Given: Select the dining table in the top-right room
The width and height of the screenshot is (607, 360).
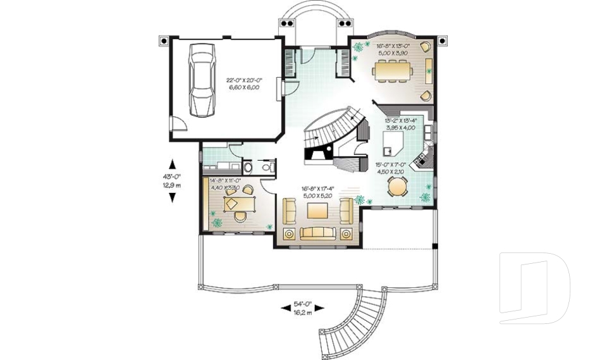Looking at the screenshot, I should click(x=393, y=72).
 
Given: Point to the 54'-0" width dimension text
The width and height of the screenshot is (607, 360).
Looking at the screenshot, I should click(x=302, y=305).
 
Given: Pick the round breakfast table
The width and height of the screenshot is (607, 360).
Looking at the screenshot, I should click(x=398, y=187).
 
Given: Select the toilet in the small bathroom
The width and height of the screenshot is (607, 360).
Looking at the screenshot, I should click(x=249, y=168).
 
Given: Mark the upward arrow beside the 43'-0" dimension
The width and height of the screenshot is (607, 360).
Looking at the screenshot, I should click(x=172, y=161).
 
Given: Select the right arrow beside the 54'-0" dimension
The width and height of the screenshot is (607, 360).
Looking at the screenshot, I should click(x=319, y=308).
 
